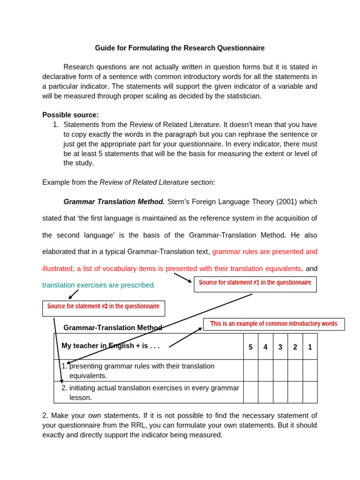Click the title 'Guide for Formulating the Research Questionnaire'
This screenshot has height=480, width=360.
[x=180, y=48]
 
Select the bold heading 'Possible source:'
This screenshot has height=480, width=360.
[x=70, y=115]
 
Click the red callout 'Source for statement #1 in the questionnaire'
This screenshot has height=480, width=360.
[x=255, y=283]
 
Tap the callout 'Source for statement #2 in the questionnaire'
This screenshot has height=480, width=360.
[x=103, y=307]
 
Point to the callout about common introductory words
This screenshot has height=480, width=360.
[x=274, y=324]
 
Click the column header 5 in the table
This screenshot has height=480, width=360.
[x=250, y=347]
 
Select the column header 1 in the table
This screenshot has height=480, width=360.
[x=310, y=347]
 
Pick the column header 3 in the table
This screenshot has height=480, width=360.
[x=280, y=347]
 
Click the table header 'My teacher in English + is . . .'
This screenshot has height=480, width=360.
[x=111, y=346]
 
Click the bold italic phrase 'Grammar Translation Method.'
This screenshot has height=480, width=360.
[x=114, y=202]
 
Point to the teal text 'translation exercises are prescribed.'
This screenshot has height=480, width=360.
[x=98, y=285]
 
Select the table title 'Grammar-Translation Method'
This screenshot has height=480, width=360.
[x=112, y=328]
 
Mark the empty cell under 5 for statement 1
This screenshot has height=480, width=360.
[x=250, y=370]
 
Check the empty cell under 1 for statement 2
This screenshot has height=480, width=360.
[x=310, y=392]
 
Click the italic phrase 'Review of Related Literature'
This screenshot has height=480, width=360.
[x=144, y=182]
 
